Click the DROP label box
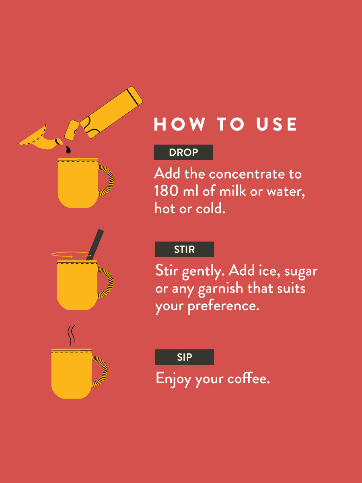coord(183,153)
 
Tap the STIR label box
coord(184,249)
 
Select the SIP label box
coord(184,357)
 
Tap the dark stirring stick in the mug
coord(95,244)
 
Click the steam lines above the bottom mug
coord(72,335)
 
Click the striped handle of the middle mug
coord(106,283)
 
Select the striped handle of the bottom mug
coord(101,371)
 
